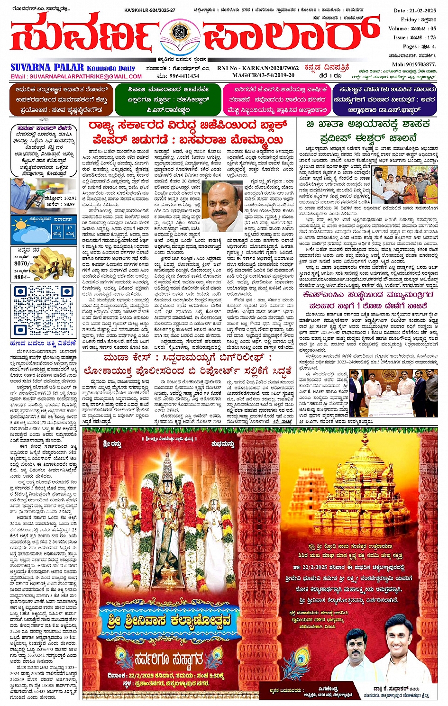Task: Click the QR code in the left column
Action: (x=44, y=311)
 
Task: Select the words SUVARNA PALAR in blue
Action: (x=47, y=67)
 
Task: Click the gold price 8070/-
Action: (x=22, y=263)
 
